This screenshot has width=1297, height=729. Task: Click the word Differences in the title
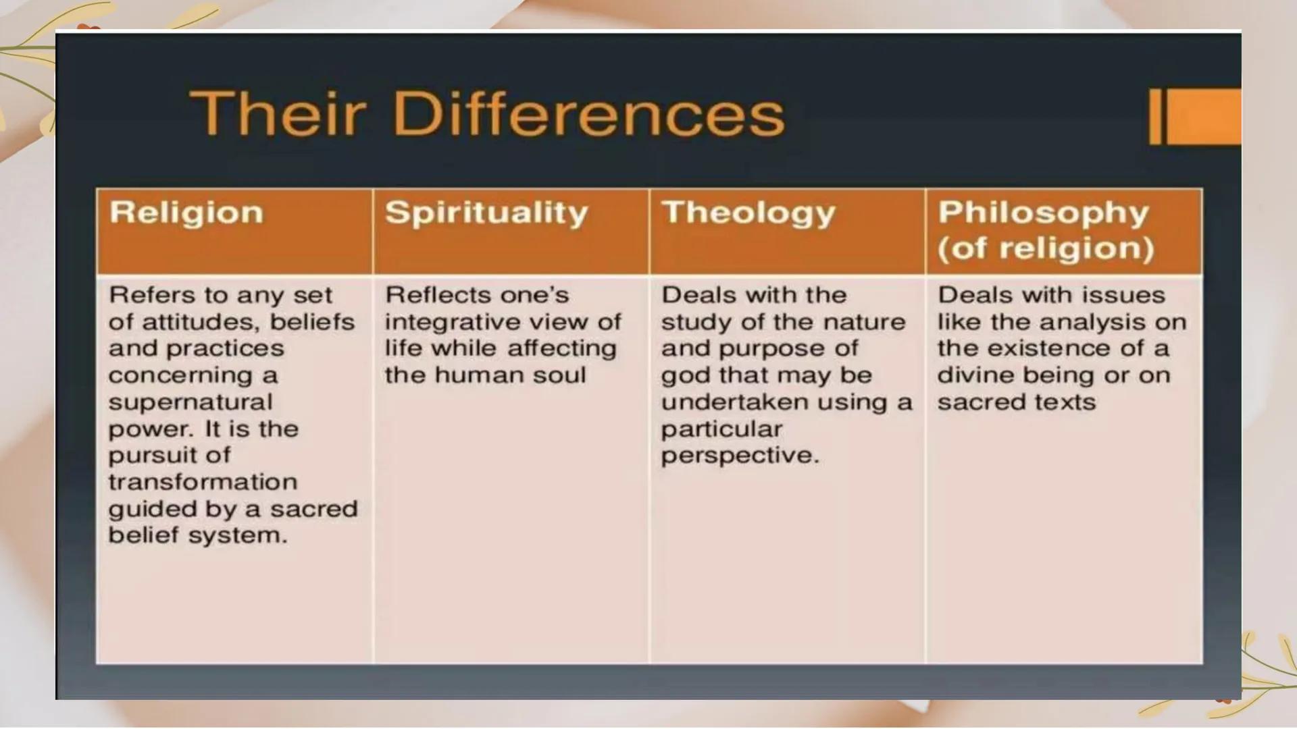[x=588, y=113]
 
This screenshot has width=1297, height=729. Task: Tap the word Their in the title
[x=278, y=113]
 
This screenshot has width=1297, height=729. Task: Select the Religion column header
[x=186, y=213]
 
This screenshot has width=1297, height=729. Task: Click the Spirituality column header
[x=486, y=213]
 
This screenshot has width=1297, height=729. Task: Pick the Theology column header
[x=748, y=213]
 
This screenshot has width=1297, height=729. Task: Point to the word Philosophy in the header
[x=1043, y=213]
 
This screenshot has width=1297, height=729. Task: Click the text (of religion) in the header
[x=1045, y=248]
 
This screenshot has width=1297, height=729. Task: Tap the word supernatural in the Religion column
[x=190, y=402]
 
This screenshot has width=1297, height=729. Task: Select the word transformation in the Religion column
[x=203, y=482]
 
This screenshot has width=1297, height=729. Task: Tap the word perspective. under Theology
[x=740, y=456]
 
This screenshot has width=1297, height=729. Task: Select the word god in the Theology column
[x=682, y=375]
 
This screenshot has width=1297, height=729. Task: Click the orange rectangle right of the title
[x=1203, y=116]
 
